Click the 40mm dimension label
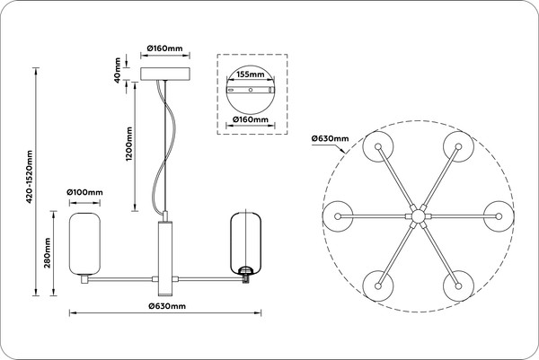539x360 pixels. pos(118,70)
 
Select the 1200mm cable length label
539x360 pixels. pos(128,144)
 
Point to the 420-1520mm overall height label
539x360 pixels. pos(30,177)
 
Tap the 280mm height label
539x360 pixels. pos(48,253)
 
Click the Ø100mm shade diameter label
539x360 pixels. pos(84,192)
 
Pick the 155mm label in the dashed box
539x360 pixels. pos(251,75)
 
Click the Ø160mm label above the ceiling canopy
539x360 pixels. pos(165,48)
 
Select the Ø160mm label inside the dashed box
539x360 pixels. pos(251,119)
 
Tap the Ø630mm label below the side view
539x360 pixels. pos(167,306)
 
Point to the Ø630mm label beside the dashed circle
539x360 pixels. pos(330,138)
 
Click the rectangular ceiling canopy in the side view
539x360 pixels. pos(165,75)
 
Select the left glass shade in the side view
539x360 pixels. pos(84,244)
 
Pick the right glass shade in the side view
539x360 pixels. pos(245,243)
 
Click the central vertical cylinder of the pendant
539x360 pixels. pos(165,258)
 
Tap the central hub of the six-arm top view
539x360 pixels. pos(418,216)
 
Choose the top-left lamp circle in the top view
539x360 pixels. pos(378,146)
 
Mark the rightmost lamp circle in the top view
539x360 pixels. pos(499,216)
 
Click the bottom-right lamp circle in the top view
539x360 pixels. pos(458,285)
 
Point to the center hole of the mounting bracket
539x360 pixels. pos(251,90)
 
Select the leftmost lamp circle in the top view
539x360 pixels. pos(338,216)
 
